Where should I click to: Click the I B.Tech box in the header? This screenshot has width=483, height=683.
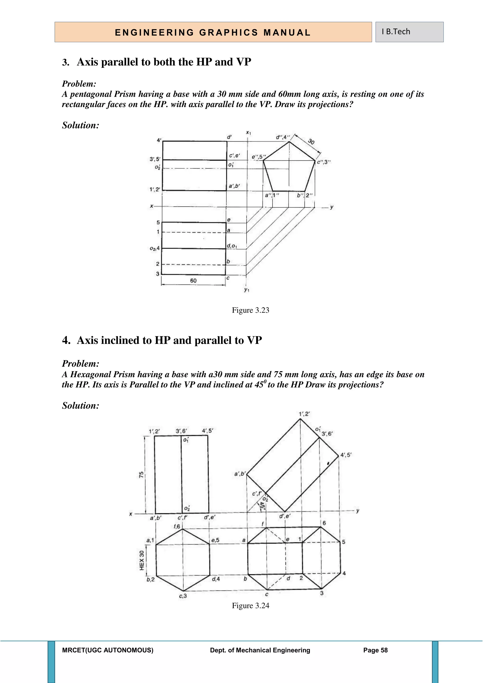tap(409, 32)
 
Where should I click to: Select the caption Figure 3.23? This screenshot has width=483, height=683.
tap(250, 310)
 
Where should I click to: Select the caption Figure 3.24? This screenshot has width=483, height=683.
tap(250, 606)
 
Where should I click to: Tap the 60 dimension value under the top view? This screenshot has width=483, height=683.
tap(193, 280)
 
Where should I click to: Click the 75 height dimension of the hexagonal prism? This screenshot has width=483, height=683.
tap(141, 475)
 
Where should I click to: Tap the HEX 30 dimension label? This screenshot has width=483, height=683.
tap(142, 560)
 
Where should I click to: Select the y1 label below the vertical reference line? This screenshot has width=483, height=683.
tap(246, 289)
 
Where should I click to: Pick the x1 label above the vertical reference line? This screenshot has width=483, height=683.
tap(248, 133)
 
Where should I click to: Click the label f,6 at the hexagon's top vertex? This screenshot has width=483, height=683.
tap(177, 527)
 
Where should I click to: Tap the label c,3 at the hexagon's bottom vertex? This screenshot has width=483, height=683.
tap(183, 596)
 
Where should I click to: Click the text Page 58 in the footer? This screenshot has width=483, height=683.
tap(375, 650)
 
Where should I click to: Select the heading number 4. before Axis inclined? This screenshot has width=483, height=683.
tap(66, 340)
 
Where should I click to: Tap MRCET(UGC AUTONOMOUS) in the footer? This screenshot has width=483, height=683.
tap(108, 650)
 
